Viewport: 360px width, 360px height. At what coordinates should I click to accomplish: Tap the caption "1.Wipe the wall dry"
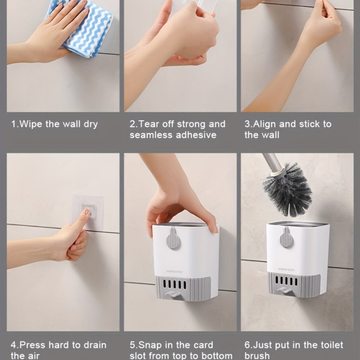coord(54,125)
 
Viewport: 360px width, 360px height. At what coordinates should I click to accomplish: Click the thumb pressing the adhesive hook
coord(81,220)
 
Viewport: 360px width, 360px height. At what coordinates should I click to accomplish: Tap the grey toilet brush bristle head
coord(288,189)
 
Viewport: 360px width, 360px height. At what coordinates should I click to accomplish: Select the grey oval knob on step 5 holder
coord(173,238)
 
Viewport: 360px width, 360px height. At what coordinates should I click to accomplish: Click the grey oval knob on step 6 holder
coord(287,237)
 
